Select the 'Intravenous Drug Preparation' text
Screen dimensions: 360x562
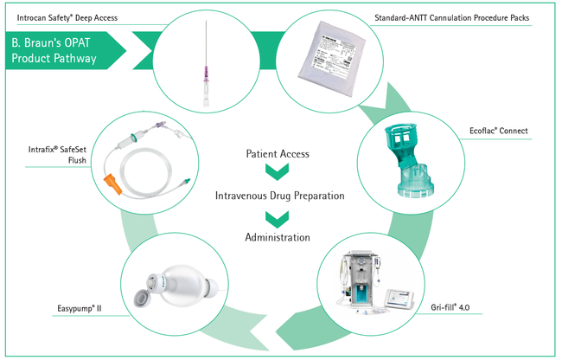(x=279, y=196)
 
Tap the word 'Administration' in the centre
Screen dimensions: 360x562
(x=279, y=236)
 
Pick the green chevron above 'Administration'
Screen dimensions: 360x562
(x=279, y=216)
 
